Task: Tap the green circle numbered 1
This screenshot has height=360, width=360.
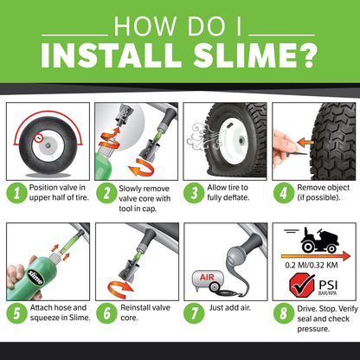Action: pos(14,190)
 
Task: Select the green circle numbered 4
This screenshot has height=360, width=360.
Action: pos(281,190)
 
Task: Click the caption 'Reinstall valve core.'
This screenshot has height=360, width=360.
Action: pos(138,315)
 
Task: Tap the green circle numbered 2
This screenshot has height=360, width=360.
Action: pos(103,190)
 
